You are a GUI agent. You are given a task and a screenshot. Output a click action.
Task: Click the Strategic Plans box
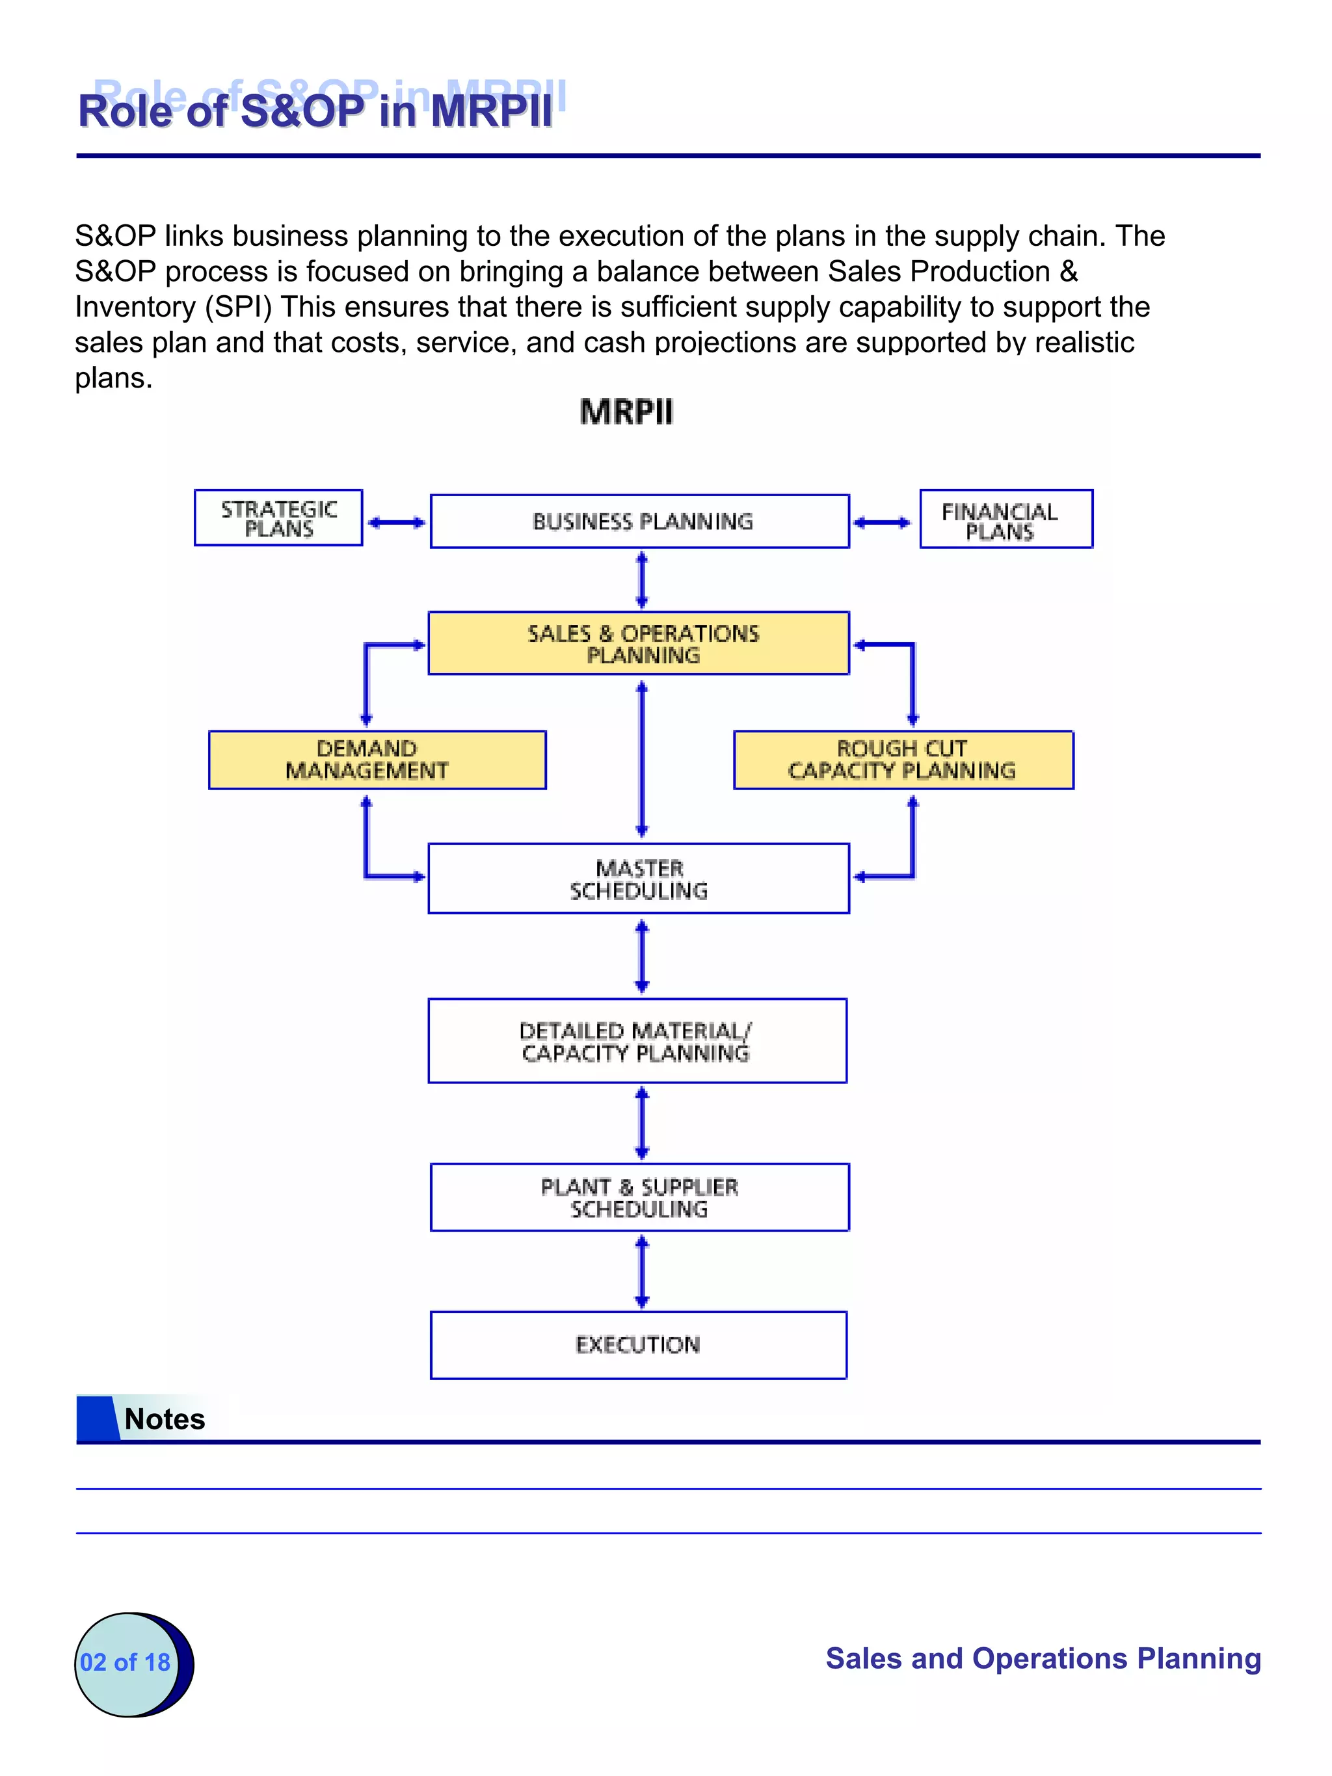[278, 518]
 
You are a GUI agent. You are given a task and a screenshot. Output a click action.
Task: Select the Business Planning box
[639, 521]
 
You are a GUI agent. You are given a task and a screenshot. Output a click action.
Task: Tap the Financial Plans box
[1006, 520]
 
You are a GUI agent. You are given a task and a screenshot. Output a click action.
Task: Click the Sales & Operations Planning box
[638, 643]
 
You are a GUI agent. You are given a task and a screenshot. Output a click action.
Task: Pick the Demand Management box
[377, 760]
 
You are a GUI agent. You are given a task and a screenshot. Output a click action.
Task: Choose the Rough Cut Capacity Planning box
[903, 760]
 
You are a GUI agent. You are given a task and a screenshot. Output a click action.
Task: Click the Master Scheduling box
[638, 879]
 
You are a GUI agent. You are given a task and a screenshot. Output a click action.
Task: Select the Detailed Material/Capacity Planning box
[637, 1040]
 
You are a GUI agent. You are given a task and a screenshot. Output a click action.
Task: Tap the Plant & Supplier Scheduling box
[639, 1197]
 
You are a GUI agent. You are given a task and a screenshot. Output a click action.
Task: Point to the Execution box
[638, 1345]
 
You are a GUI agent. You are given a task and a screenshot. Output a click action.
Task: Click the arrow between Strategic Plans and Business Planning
[396, 523]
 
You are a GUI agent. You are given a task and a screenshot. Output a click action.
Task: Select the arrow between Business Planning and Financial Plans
[881, 523]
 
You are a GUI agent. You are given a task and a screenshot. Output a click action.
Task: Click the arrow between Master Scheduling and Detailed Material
[641, 956]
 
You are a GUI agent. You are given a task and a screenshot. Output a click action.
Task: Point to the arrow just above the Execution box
[641, 1272]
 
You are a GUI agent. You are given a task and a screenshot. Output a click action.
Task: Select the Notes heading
[165, 1419]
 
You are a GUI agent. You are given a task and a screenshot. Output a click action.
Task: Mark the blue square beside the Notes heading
[96, 1419]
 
